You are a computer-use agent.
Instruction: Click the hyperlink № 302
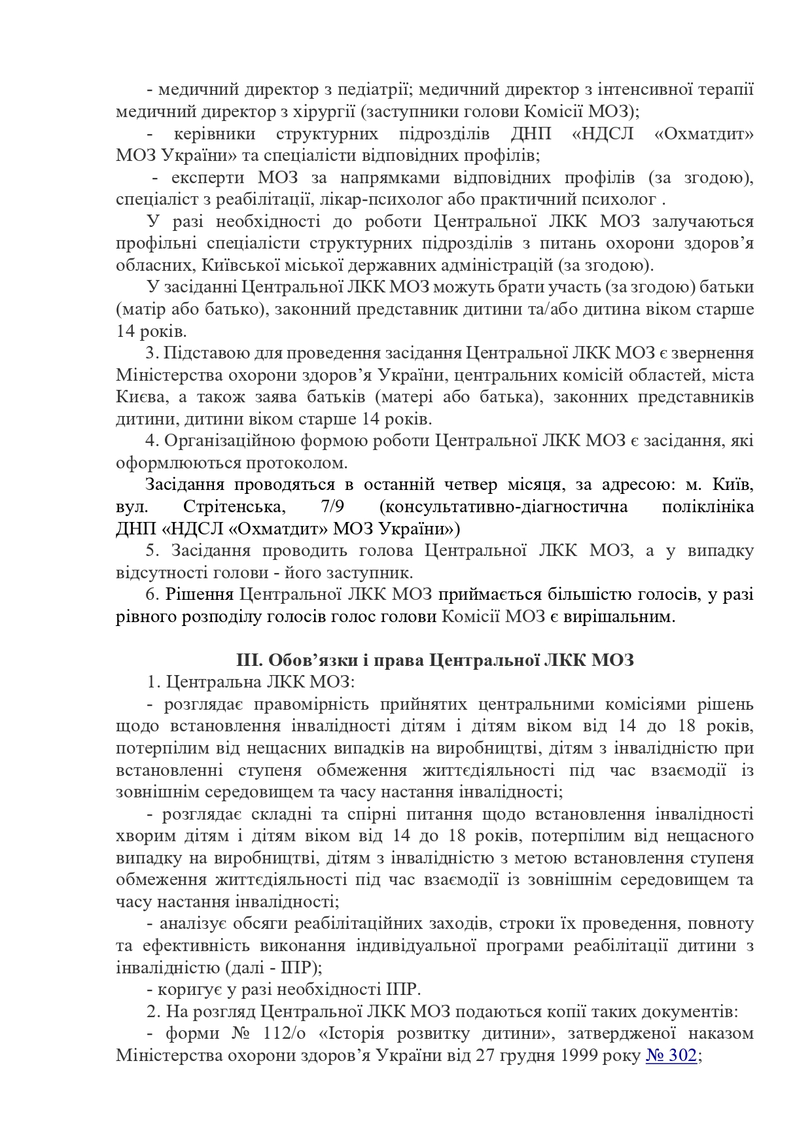click(x=671, y=1056)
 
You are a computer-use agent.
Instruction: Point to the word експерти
click(x=207, y=178)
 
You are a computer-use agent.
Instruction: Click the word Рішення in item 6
click(x=200, y=595)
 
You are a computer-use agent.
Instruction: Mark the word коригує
click(x=188, y=990)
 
